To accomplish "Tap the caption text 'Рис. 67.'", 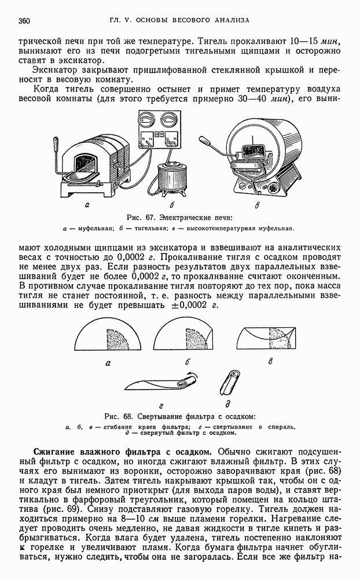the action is point(138,218).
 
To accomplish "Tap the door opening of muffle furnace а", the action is point(86,166).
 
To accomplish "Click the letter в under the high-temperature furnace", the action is point(257,206).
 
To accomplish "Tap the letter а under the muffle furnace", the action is point(87,206).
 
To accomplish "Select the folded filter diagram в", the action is point(266,339).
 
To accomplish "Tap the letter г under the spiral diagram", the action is point(161,406).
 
